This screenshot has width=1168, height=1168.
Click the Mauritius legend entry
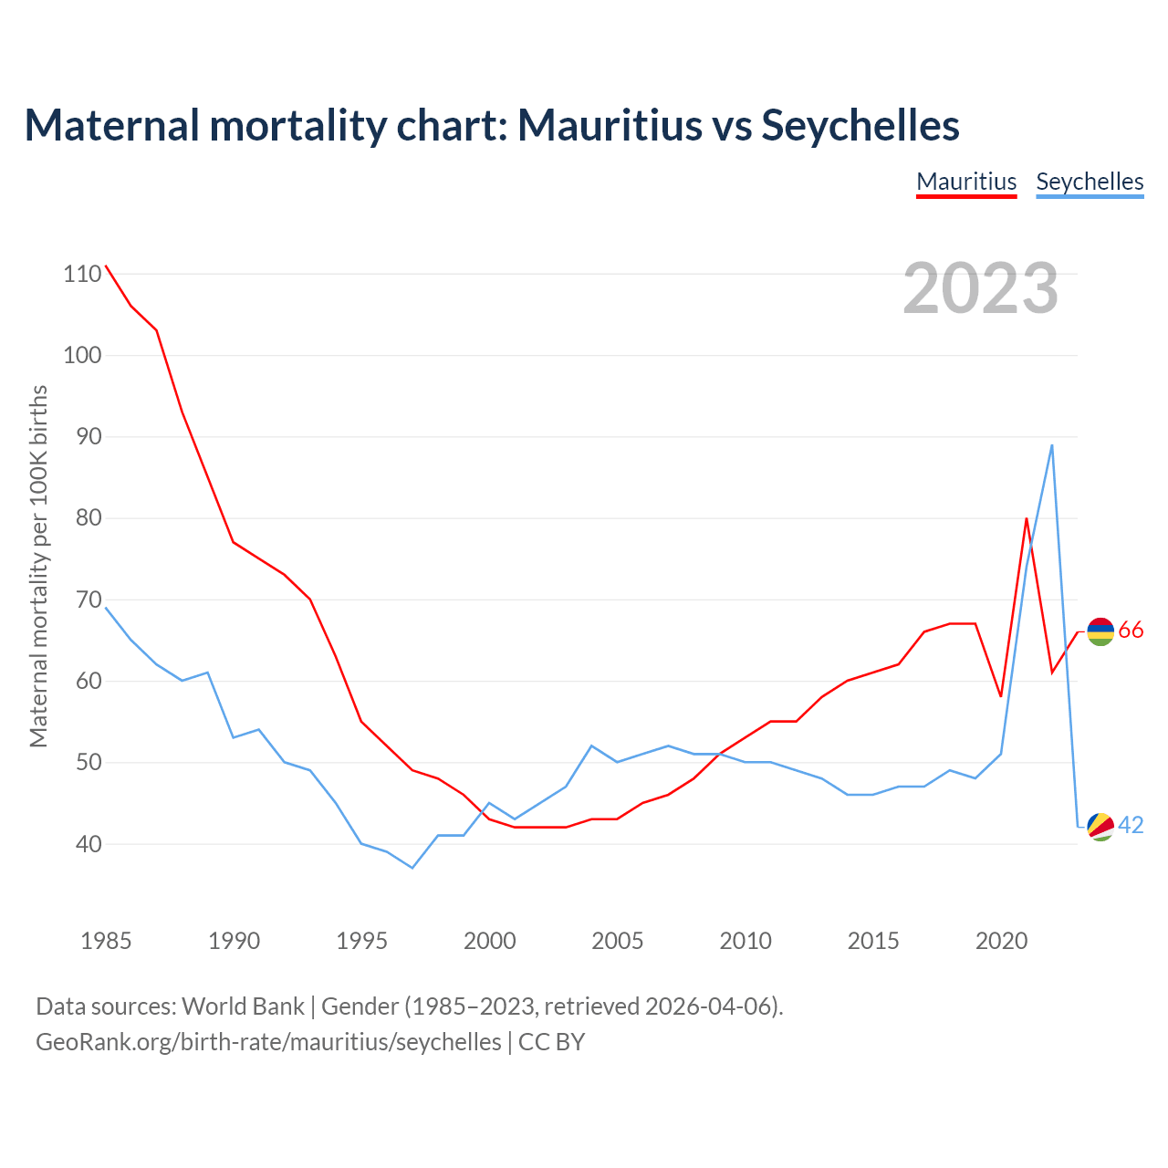(966, 182)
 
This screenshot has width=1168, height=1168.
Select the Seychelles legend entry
(1090, 182)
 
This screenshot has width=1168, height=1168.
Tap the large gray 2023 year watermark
(981, 288)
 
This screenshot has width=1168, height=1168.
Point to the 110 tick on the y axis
(82, 274)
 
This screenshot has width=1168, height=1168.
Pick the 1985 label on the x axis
(106, 941)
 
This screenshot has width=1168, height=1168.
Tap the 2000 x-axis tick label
(490, 941)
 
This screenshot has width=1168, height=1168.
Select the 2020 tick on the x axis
(1002, 941)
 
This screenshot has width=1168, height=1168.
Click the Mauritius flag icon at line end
(1100, 631)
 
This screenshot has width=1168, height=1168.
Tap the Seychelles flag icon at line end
(1100, 826)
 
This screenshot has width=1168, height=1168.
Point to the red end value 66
(1131, 631)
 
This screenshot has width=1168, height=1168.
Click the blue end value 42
(1131, 826)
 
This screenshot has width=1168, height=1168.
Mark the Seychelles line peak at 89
(1052, 445)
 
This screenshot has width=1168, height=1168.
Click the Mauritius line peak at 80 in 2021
(1027, 519)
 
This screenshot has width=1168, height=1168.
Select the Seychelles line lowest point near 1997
(412, 868)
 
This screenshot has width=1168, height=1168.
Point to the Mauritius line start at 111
(106, 266)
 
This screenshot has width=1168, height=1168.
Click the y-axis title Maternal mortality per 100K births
(38, 566)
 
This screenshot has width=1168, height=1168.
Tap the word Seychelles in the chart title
(860, 125)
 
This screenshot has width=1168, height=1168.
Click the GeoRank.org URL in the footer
(268, 1042)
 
